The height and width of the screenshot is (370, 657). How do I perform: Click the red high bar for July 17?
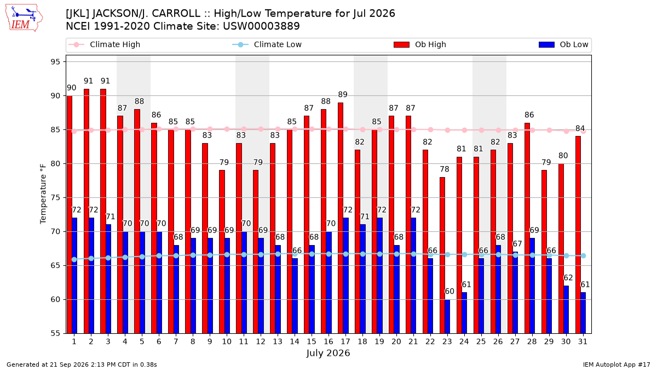point(341,218)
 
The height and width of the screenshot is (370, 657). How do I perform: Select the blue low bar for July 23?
point(447,317)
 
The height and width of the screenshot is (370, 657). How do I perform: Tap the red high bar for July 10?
point(222,252)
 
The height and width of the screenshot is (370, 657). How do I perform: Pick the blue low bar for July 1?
point(74,275)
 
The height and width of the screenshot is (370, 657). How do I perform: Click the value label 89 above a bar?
point(343,94)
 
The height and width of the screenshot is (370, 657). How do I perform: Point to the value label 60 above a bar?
point(449,291)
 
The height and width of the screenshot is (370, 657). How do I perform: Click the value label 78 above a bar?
point(445,169)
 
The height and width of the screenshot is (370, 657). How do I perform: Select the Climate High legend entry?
point(104,44)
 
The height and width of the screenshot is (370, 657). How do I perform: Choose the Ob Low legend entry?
point(563,44)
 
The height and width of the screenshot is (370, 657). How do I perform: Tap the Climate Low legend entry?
point(267,44)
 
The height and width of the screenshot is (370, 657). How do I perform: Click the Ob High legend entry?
point(420,44)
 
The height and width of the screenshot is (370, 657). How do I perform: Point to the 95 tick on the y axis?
point(55,62)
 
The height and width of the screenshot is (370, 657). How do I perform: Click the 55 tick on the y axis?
point(55,334)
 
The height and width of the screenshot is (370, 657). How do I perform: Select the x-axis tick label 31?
point(583,342)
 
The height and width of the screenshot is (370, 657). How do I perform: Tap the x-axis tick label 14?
point(295,342)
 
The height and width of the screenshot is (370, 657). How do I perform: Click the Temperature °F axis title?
point(43,194)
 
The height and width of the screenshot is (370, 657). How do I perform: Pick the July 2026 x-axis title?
point(328,353)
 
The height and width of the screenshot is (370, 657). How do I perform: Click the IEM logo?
point(24,18)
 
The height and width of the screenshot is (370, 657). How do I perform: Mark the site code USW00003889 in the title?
point(261,26)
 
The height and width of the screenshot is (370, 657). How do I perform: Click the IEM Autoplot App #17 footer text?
point(616,365)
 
